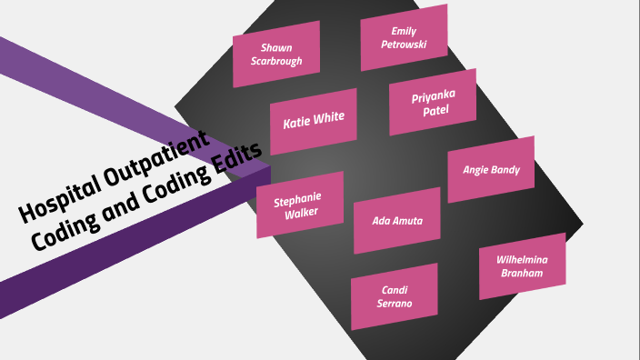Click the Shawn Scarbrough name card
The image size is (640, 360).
tap(276, 54)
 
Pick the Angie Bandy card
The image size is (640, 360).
tap(491, 169)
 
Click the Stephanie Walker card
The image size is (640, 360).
tap(299, 205)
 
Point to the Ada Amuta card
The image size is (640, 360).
tap(397, 220)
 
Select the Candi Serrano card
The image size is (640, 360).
tap(395, 296)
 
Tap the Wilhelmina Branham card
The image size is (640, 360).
tap(522, 265)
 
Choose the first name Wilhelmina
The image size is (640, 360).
tap(522, 259)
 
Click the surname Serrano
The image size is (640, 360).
tap(395, 304)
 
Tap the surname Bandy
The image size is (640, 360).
tap(505, 169)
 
